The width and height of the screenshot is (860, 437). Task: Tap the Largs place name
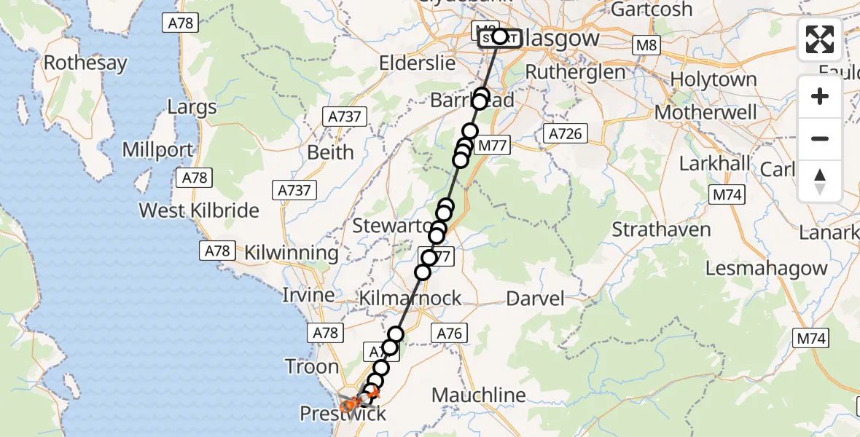(x=192, y=108)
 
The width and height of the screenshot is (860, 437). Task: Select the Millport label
(x=158, y=151)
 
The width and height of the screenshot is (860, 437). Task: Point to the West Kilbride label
(x=199, y=210)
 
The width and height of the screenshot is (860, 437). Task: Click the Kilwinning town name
(x=292, y=253)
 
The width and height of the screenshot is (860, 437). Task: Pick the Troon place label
(x=312, y=366)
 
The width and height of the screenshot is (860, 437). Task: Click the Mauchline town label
(x=479, y=395)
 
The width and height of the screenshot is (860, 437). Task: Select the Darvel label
(x=535, y=298)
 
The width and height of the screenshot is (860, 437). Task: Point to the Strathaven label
(x=661, y=229)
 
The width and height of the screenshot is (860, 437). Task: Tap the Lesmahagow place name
(x=767, y=268)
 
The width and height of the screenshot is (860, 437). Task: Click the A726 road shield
(x=566, y=133)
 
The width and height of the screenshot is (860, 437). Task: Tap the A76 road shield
(x=449, y=333)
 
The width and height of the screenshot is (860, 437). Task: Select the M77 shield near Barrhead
(x=491, y=146)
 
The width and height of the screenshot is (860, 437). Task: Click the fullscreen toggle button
(x=820, y=39)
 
